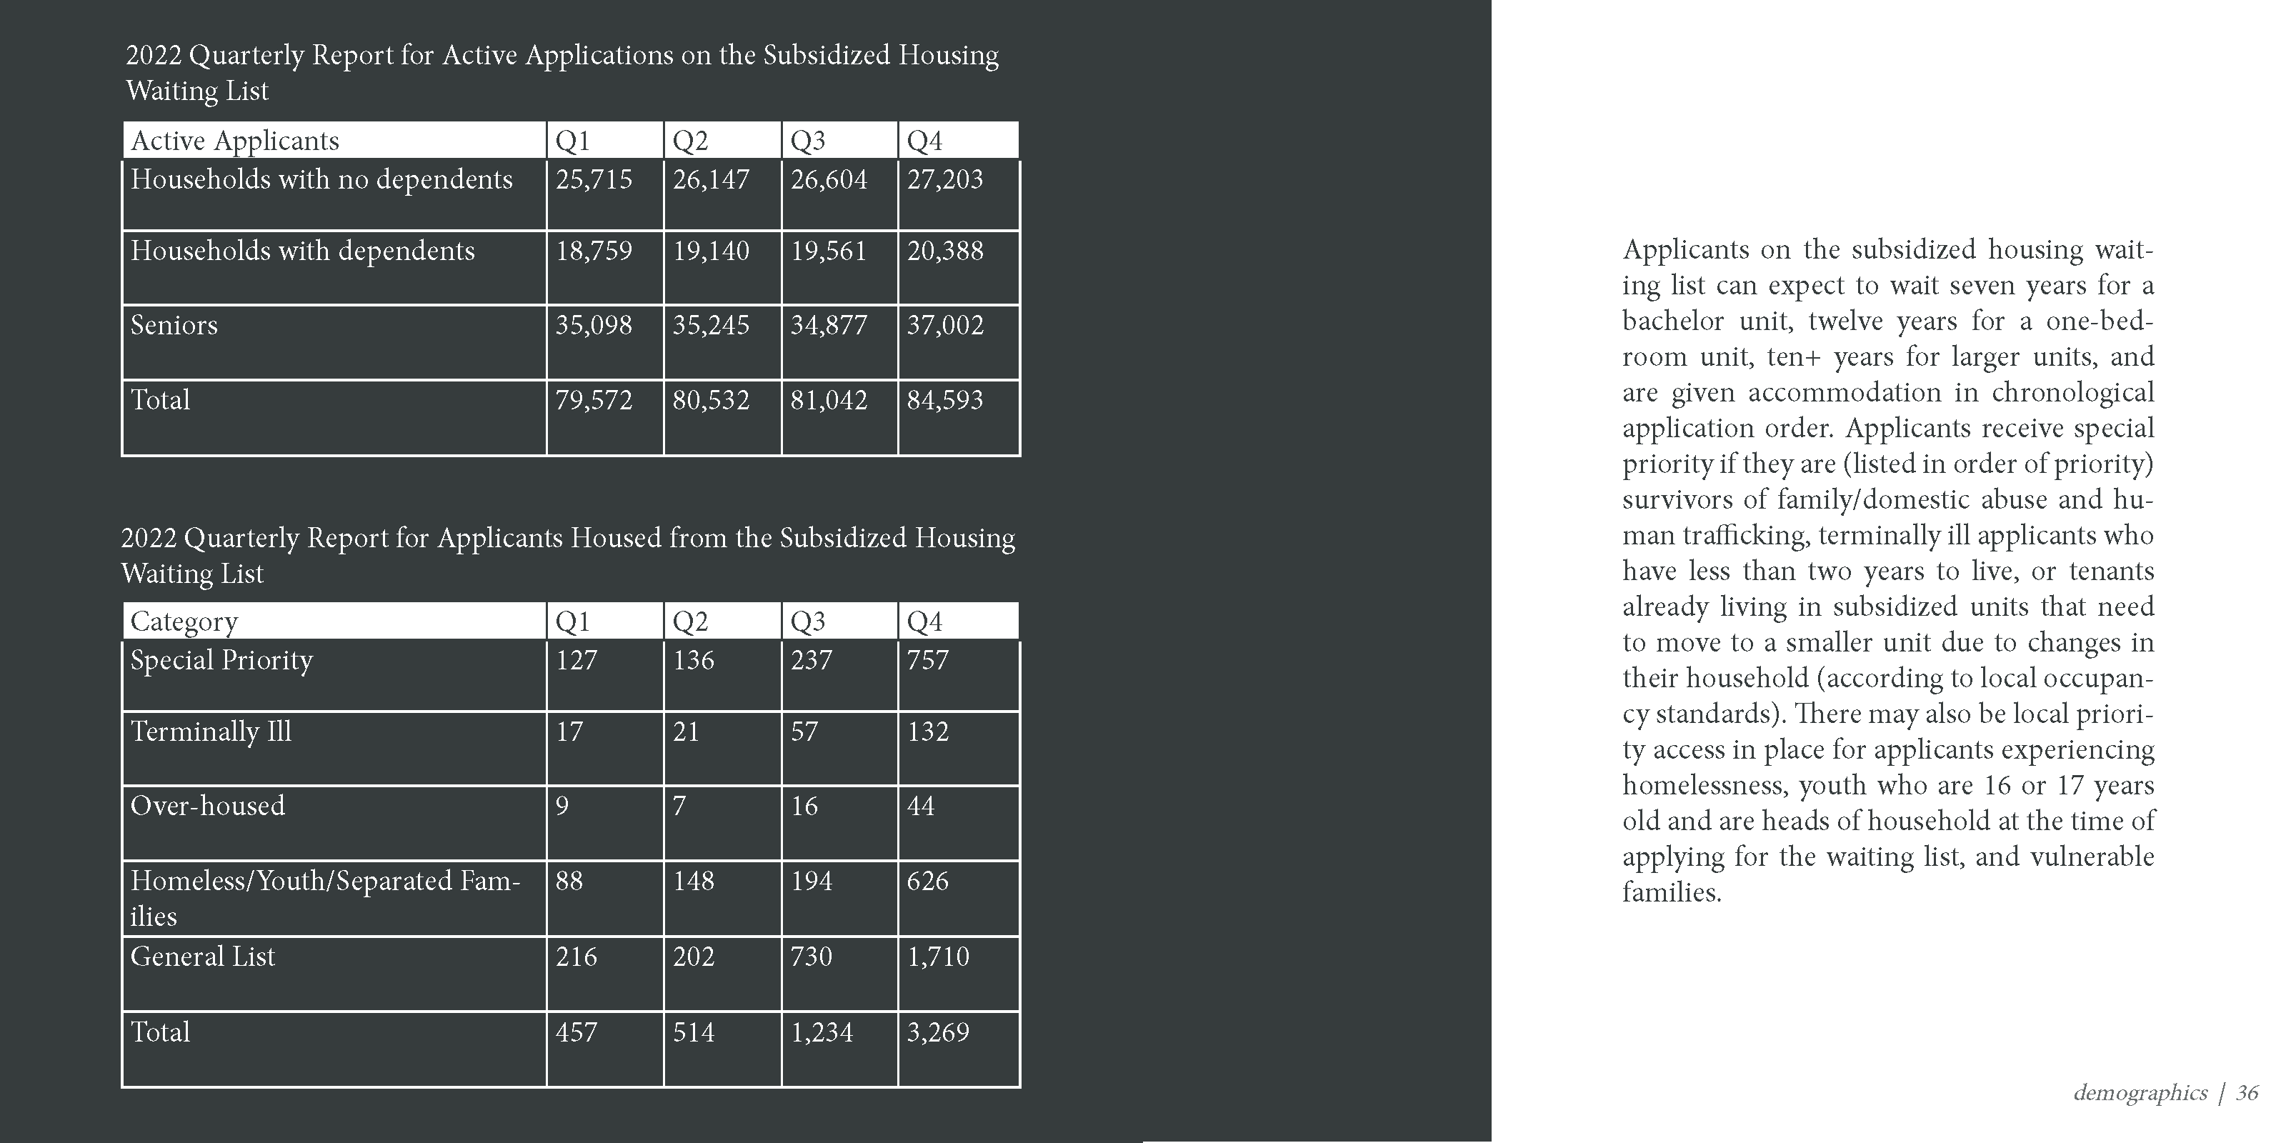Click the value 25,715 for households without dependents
pos(594,180)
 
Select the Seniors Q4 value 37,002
pos(944,326)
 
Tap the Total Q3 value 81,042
pos(828,400)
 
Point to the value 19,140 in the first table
pos(710,251)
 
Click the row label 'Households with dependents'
pos(303,251)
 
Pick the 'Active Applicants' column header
pos(235,141)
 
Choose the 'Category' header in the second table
pos(184,622)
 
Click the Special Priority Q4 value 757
pos(927,660)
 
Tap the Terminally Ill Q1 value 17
pos(569,732)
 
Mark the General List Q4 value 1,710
pos(937,957)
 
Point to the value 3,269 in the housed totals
pos(937,1032)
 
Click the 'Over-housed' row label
pos(208,806)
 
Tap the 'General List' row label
pos(202,957)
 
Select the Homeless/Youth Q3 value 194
pos(811,882)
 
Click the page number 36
pos(2247,1092)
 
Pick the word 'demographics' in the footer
pos(2140,1092)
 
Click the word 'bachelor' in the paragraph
pos(1671,321)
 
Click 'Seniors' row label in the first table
pos(174,326)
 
